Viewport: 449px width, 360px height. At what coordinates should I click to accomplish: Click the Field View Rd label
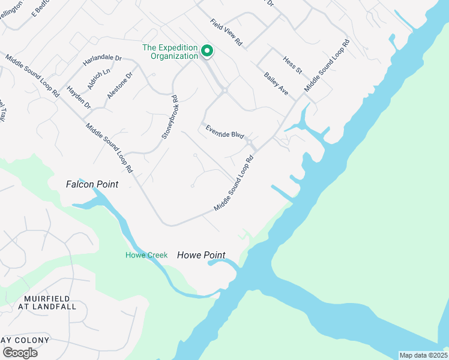click(x=226, y=32)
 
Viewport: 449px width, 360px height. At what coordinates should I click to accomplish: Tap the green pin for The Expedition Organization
click(x=207, y=50)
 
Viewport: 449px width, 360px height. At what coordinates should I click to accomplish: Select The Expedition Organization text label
click(x=170, y=52)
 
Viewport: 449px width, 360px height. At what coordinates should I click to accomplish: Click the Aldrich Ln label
click(x=99, y=79)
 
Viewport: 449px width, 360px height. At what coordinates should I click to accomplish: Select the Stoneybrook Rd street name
click(x=170, y=117)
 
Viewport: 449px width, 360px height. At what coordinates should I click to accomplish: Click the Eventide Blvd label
click(x=224, y=131)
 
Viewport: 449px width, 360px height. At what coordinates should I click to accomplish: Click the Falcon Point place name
click(x=92, y=184)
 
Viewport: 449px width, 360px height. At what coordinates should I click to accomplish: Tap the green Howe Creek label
click(x=146, y=255)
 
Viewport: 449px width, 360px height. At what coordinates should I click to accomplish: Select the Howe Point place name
click(x=201, y=255)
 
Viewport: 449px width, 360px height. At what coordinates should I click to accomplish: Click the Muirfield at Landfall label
click(x=50, y=302)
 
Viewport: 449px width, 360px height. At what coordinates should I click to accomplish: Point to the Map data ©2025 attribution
click(x=423, y=355)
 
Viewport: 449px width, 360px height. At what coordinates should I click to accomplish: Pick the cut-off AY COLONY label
click(x=25, y=340)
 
